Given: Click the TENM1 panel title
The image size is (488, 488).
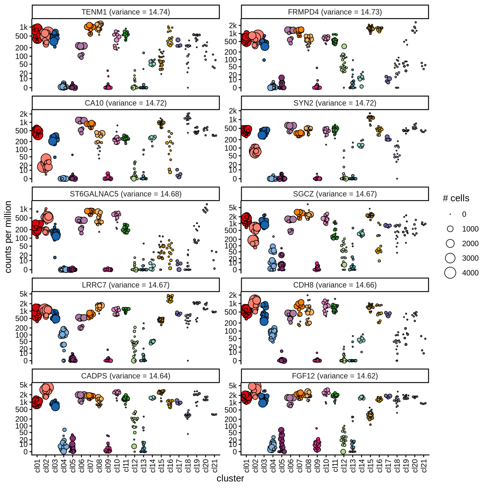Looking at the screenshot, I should point(125,12).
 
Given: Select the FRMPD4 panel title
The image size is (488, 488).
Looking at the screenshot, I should point(335,12).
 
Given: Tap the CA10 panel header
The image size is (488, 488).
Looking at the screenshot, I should point(125,103).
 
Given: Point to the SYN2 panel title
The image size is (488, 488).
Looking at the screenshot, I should point(335,103).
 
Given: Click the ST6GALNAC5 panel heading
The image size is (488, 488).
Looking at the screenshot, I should point(125,194).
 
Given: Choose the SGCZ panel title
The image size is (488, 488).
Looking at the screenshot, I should point(335,194).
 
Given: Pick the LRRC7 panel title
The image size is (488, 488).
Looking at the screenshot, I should point(125,285).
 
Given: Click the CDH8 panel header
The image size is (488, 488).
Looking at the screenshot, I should point(335,285).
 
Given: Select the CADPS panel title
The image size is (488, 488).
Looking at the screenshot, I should point(125,376).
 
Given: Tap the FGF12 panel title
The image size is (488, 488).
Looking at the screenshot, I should point(335,376).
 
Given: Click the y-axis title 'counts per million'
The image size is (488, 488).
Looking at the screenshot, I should point(8,237).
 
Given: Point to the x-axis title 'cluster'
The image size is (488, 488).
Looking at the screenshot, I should point(230,478).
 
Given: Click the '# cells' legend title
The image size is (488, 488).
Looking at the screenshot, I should point(456,198).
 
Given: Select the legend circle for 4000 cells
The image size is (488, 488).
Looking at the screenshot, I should point(450,273).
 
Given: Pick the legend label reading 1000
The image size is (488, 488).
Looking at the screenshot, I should point(470,229).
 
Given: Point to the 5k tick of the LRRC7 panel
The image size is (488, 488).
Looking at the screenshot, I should point(24,294).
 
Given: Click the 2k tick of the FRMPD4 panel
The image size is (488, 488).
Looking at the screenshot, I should point(233,25).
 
